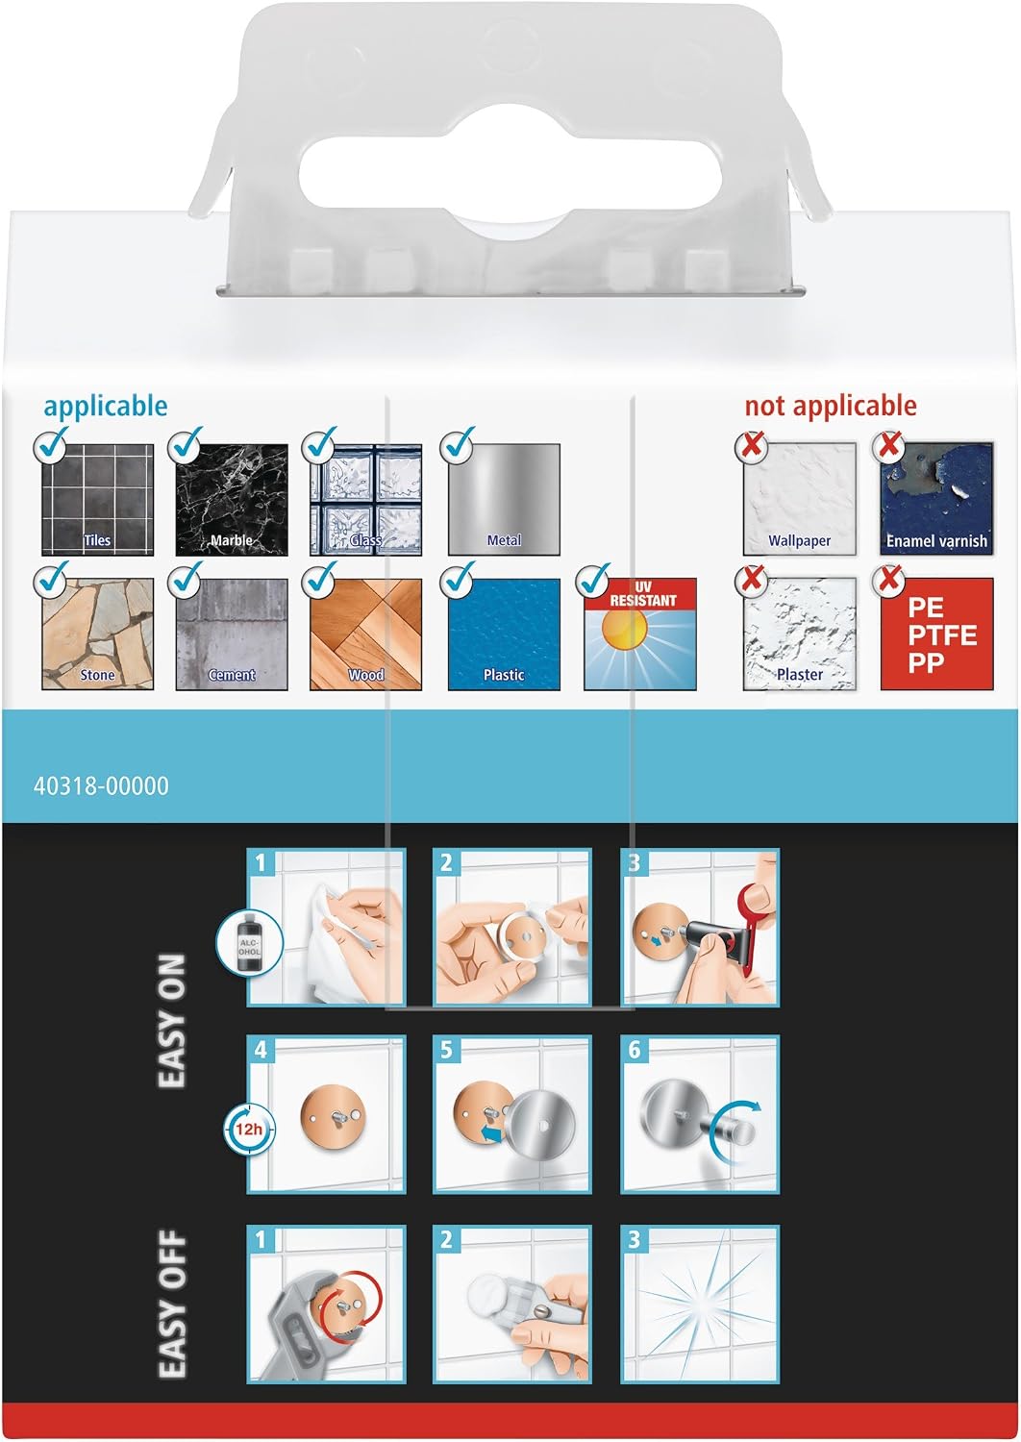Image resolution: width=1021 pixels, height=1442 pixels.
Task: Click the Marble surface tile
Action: coord(232,499)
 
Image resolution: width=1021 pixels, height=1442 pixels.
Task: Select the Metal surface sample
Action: coord(504,499)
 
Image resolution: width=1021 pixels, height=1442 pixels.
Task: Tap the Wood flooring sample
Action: coord(365,634)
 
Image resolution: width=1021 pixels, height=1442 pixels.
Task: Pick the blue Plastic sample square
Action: coord(504,634)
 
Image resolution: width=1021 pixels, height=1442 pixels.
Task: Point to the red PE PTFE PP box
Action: coord(936,634)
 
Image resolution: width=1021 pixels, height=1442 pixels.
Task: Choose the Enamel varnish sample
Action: coord(936,498)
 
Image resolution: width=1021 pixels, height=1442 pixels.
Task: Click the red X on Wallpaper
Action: coord(751,443)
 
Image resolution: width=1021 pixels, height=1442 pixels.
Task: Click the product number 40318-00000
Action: coord(101,786)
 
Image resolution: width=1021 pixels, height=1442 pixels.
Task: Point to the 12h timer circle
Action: coord(248,1129)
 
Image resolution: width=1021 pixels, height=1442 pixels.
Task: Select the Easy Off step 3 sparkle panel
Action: coord(700,1304)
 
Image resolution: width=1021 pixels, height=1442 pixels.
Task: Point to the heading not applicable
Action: coord(831,406)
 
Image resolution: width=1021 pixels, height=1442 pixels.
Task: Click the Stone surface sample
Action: coord(97,634)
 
